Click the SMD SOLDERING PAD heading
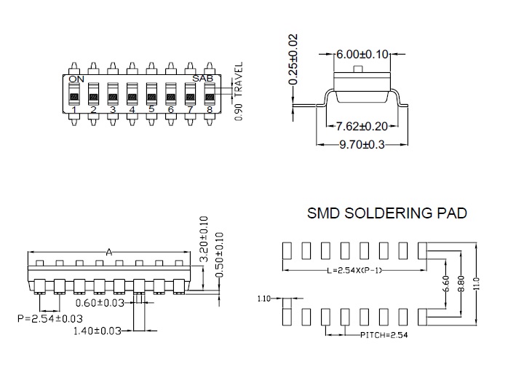click(x=386, y=213)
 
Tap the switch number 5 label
click(x=151, y=109)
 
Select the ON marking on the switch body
click(x=76, y=79)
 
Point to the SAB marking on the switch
click(x=203, y=79)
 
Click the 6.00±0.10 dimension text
click(x=362, y=55)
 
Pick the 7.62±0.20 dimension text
click(x=361, y=126)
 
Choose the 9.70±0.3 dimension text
click(x=362, y=145)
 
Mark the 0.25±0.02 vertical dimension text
click(x=293, y=59)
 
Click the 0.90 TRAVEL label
click(x=239, y=91)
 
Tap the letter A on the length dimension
click(x=109, y=252)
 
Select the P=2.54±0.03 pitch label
click(x=50, y=318)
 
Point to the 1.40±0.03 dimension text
click(x=97, y=331)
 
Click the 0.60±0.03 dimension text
click(x=100, y=303)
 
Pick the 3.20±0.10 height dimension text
click(x=204, y=238)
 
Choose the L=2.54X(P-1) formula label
click(x=354, y=270)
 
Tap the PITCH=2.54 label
click(x=384, y=335)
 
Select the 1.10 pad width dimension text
click(x=264, y=299)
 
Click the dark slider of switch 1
click(x=74, y=97)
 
